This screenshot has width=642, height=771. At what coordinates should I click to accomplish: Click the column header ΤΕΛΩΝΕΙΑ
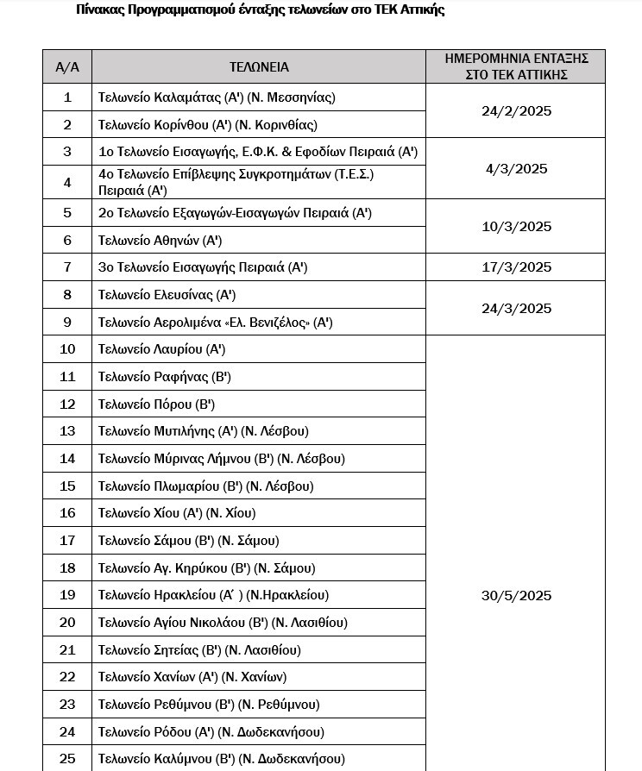(259, 66)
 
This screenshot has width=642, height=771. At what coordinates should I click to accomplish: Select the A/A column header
(67, 66)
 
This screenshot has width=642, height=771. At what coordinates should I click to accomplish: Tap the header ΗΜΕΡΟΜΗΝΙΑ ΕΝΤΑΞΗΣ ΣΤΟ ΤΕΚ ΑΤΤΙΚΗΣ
(516, 66)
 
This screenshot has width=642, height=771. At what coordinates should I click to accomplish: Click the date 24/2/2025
(516, 111)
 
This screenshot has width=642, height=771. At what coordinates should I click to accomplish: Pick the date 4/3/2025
(516, 169)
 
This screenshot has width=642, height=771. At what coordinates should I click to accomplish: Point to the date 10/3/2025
(516, 227)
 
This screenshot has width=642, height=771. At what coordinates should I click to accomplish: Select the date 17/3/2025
(516, 267)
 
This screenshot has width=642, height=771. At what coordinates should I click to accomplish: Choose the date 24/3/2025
(516, 309)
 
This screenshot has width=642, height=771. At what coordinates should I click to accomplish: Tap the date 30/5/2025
(516, 596)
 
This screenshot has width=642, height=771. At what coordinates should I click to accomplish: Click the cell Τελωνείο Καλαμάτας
(217, 97)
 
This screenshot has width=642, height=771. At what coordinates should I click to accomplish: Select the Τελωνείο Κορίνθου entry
(208, 124)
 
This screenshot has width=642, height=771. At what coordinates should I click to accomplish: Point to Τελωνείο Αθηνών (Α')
(160, 240)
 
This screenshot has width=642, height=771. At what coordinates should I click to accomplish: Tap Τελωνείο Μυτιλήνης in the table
(204, 431)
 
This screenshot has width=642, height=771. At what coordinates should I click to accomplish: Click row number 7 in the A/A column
(67, 267)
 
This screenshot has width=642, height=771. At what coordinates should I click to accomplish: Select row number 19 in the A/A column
(67, 595)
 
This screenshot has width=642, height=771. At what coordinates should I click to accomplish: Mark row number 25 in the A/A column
(67, 759)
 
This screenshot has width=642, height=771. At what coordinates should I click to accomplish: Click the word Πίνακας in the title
(98, 10)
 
